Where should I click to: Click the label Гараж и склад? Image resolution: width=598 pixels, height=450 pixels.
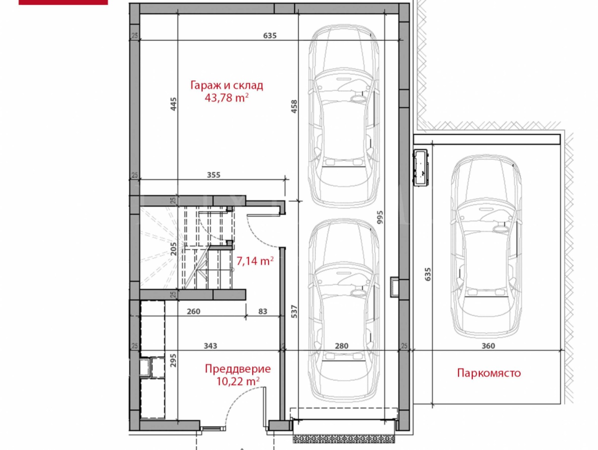pyautogui.click(x=226, y=85)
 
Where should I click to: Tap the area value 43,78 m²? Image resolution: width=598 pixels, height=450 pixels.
pyautogui.click(x=226, y=97)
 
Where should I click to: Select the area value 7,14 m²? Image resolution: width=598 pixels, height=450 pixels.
pyautogui.click(x=255, y=261)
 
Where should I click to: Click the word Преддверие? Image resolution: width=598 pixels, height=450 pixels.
pyautogui.click(x=238, y=369)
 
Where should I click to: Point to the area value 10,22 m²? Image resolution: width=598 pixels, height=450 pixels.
pyautogui.click(x=238, y=381)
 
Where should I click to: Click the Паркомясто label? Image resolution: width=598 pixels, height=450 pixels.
pyautogui.click(x=489, y=373)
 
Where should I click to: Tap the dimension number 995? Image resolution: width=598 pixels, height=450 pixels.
pyautogui.click(x=380, y=217)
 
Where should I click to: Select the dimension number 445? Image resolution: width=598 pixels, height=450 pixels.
pyautogui.click(x=173, y=104)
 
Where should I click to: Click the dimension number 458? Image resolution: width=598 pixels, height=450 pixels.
pyautogui.click(x=294, y=107)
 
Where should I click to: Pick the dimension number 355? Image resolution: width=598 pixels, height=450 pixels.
pyautogui.click(x=213, y=175)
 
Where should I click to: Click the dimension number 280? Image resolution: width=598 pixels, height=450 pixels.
pyautogui.click(x=341, y=346)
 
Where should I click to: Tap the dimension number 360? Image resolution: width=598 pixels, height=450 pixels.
pyautogui.click(x=488, y=346)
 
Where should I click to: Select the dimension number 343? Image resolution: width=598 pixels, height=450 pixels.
pyautogui.click(x=210, y=346)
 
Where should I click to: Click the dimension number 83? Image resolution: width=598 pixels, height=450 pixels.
pyautogui.click(x=263, y=311)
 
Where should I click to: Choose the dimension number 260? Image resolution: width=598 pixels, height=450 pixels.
pyautogui.click(x=194, y=311)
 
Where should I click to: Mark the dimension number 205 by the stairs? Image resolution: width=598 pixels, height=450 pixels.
pyautogui.click(x=173, y=249)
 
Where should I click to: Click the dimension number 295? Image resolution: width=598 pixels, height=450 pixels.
pyautogui.click(x=173, y=360)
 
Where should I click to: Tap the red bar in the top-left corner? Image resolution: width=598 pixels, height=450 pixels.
pyautogui.click(x=63, y=2)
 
